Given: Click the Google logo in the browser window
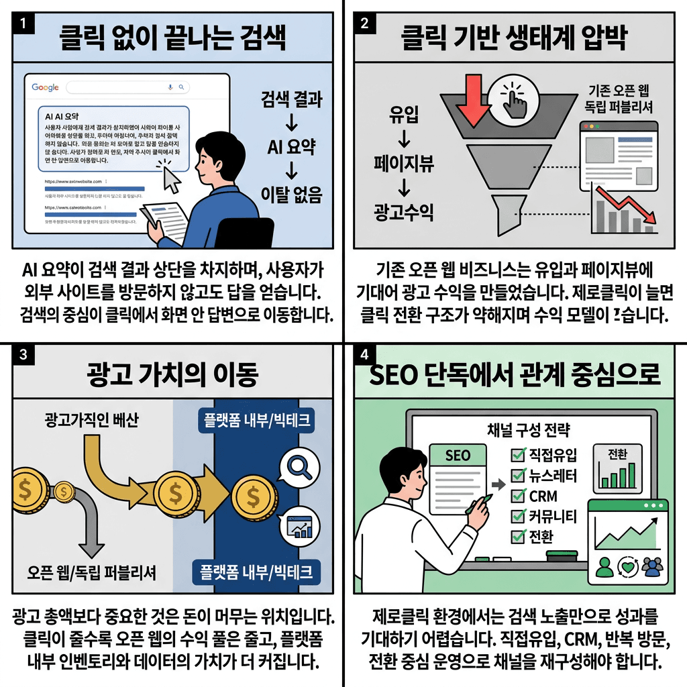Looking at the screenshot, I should click(x=45, y=87).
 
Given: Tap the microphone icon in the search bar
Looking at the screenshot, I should click(x=170, y=87).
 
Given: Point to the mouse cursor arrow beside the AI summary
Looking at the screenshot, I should click(x=170, y=178).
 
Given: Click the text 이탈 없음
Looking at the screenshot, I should click(x=292, y=195).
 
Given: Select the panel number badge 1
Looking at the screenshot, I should click(x=23, y=23).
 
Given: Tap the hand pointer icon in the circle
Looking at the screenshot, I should click(x=515, y=101).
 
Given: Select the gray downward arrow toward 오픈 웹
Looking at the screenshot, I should click(x=89, y=523).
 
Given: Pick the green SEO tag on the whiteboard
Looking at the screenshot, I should click(x=458, y=455).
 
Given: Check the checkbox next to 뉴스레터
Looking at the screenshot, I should click(x=517, y=476).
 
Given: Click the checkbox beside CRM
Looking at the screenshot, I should click(x=517, y=496).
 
